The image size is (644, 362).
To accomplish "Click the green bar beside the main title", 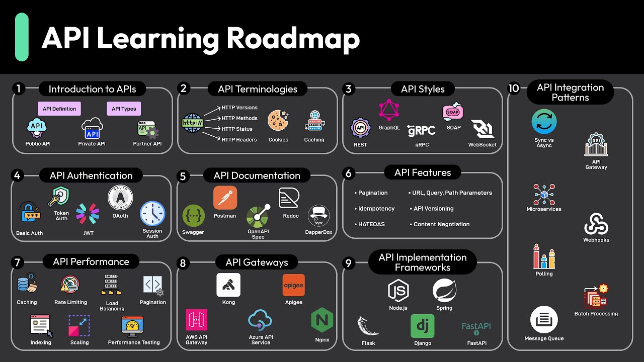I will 22,37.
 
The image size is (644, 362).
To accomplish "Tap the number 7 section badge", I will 18,262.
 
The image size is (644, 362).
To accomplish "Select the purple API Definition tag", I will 59,109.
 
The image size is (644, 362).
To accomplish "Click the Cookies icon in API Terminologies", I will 278,121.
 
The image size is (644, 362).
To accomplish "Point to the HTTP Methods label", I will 239,118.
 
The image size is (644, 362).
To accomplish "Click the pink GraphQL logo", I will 389,110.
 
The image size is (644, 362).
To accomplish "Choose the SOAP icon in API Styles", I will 453,112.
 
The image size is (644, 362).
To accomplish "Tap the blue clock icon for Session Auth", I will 152,213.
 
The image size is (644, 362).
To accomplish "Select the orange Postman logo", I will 225,198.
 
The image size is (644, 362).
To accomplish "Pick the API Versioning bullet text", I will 433,209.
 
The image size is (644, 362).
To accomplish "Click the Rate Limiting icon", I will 70,285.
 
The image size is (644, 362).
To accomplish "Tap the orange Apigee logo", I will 293,285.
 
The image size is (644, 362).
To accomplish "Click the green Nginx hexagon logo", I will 322,320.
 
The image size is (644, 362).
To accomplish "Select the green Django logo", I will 422,326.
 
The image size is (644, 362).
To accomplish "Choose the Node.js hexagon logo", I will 398,291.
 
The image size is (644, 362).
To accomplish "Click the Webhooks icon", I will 596,224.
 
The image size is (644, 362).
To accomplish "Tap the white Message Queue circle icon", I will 544,320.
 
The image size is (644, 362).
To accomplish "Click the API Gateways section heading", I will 257,262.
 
